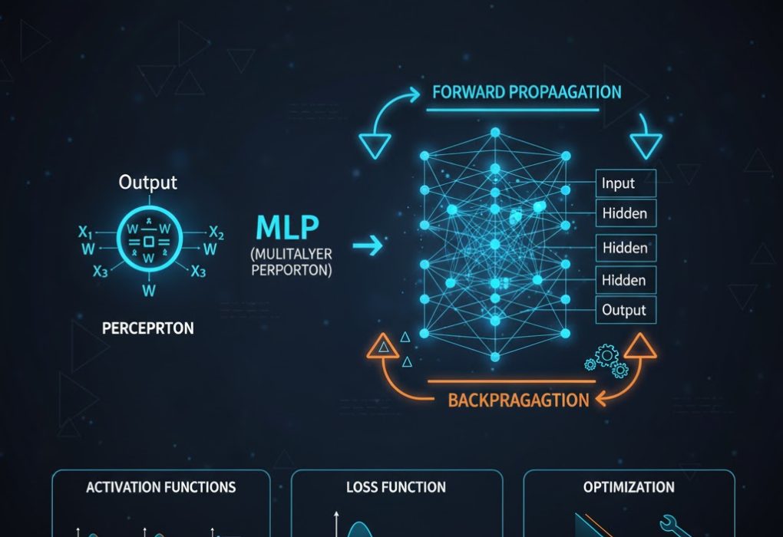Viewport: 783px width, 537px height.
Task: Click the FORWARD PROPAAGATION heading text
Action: click(527, 92)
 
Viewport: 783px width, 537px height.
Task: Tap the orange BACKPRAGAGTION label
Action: click(518, 400)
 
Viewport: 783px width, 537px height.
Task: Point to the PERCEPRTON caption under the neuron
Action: click(147, 328)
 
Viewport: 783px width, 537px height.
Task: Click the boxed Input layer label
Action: click(618, 183)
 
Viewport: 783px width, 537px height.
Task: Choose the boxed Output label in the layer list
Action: click(624, 310)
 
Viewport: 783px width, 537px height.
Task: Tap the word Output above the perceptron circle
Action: click(148, 183)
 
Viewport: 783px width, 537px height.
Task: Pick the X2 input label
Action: click(216, 233)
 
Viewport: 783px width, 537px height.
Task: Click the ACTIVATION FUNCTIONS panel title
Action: click(161, 487)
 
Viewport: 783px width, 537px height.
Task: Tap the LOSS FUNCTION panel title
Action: click(396, 487)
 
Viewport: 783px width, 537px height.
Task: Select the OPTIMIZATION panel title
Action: click(629, 487)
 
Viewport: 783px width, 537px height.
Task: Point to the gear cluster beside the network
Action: click(606, 361)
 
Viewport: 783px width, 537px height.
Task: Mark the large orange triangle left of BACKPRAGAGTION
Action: click(381, 348)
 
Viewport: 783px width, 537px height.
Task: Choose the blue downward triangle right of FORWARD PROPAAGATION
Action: click(645, 143)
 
